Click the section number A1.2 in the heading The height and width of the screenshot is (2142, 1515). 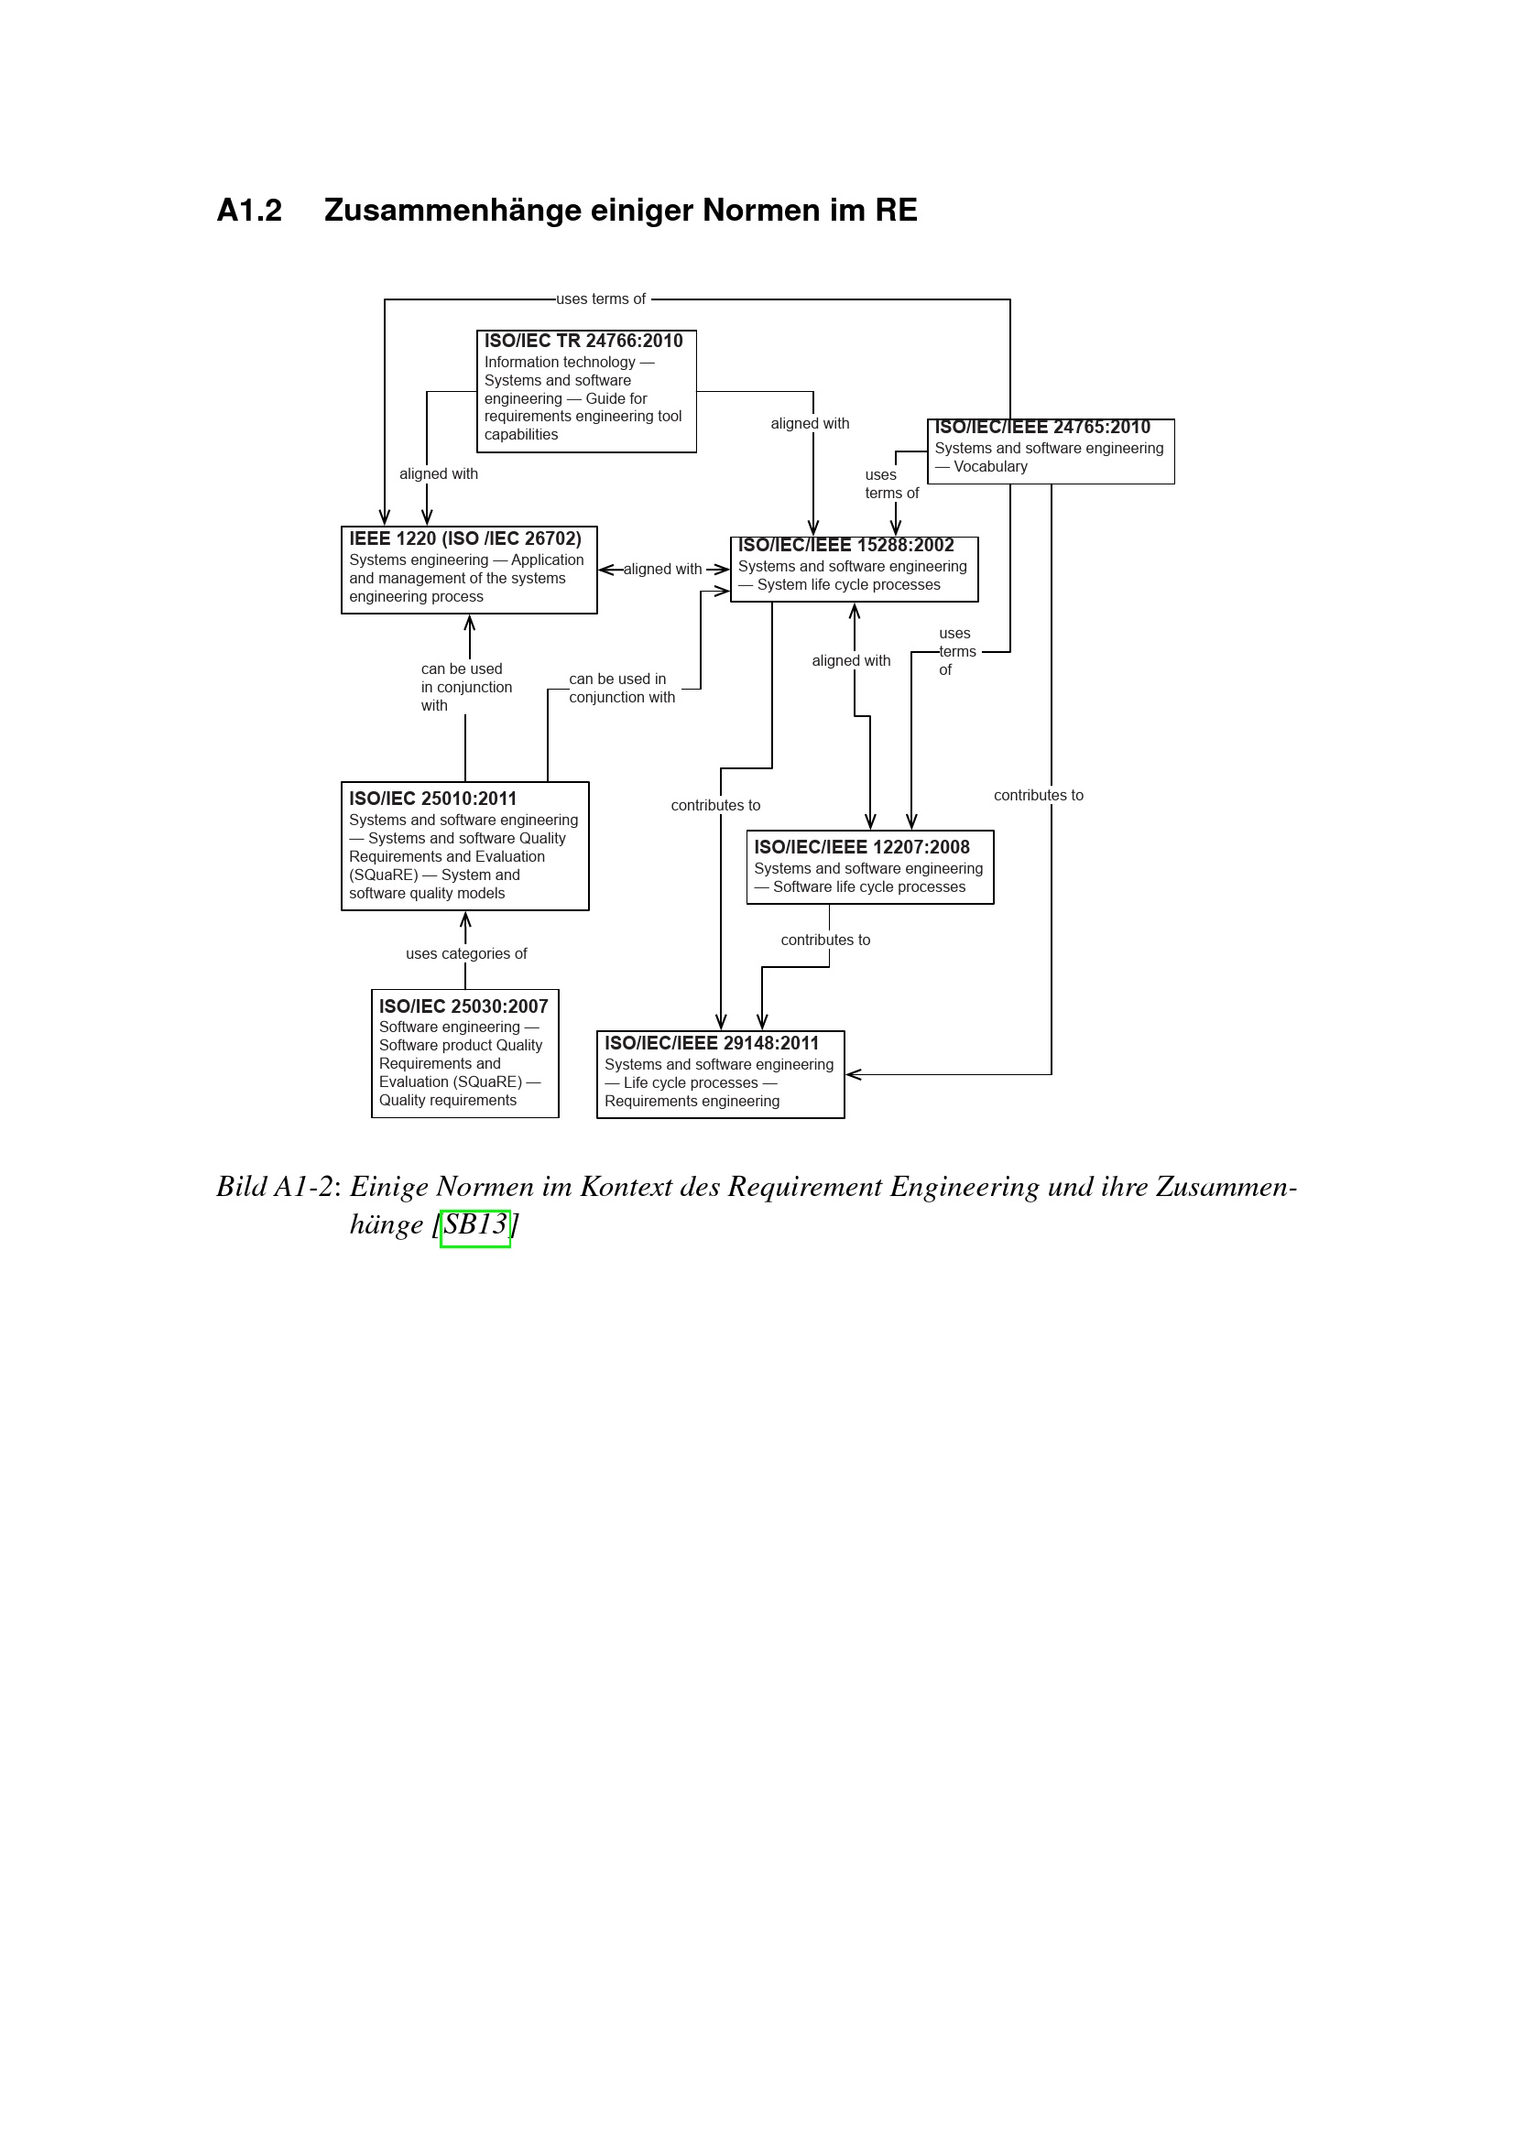click(249, 211)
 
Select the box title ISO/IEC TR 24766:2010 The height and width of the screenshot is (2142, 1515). click(583, 342)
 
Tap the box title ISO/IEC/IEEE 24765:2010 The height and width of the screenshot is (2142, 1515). click(1042, 428)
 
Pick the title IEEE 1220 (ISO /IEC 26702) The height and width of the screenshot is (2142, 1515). click(464, 539)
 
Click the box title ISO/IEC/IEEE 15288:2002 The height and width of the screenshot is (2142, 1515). click(845, 546)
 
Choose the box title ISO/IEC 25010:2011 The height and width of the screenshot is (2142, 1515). click(432, 799)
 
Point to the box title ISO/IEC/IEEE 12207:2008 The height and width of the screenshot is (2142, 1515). click(861, 847)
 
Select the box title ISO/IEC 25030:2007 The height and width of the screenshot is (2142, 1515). click(463, 1006)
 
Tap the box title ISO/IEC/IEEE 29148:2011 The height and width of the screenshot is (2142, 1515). click(711, 1044)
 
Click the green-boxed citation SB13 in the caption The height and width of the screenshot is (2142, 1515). click(474, 1225)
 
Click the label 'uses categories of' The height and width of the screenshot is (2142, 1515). click(465, 953)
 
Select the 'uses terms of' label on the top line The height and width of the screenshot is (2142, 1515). click(601, 299)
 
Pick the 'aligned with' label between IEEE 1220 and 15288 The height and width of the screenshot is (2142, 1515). click(662, 569)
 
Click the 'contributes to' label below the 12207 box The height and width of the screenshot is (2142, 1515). click(824, 941)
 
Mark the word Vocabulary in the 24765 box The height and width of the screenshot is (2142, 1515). click(990, 466)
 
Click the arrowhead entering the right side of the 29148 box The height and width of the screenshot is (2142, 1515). click(852, 1075)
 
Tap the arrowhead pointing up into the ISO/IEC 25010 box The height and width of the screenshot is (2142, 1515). click(465, 919)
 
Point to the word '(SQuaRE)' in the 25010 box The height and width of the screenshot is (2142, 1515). click(384, 875)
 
